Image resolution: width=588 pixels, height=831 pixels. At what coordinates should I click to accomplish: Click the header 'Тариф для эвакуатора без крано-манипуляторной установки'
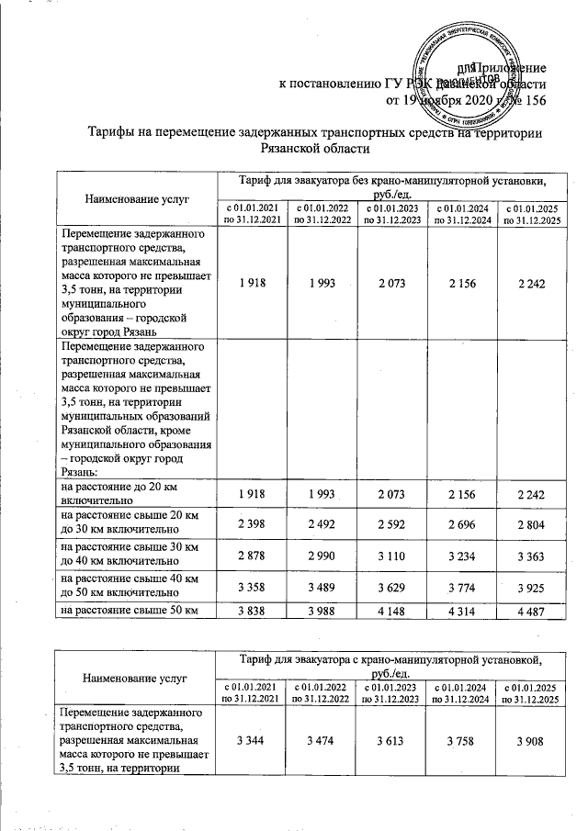point(390,185)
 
